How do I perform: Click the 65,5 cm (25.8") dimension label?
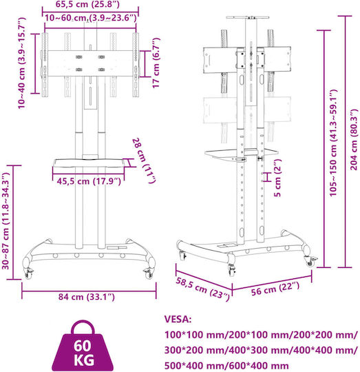[87, 4]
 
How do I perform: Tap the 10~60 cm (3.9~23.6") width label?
[91, 18]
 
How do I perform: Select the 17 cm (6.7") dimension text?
[156, 63]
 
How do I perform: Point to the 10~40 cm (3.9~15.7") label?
[21, 63]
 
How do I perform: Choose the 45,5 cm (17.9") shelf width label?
[89, 181]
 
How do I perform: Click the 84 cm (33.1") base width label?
[87, 297]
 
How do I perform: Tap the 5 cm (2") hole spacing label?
[277, 178]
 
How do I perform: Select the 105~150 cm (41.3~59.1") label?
[333, 143]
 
